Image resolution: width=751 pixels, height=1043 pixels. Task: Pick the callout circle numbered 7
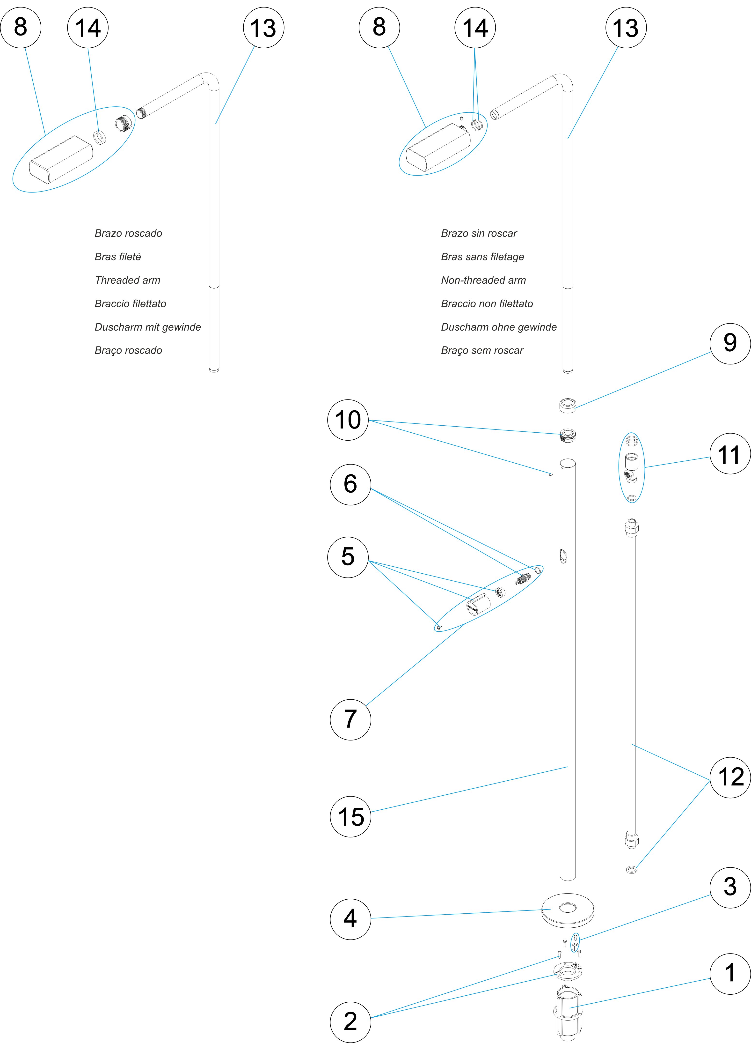(350, 719)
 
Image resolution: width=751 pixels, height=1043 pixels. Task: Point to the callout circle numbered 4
(350, 919)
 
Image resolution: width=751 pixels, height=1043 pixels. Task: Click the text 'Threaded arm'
(127, 280)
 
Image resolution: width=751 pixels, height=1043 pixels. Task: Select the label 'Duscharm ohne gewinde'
(499, 327)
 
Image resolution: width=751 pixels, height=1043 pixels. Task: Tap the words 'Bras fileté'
(118, 257)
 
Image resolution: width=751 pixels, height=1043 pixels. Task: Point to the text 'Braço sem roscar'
(482, 350)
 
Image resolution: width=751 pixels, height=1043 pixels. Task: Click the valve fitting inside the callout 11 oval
(632, 467)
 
